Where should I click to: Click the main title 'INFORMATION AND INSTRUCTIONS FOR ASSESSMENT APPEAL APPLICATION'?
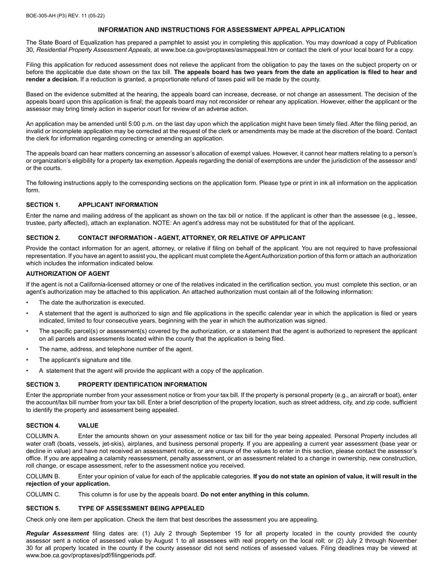[221, 30]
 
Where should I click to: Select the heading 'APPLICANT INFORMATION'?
[118, 205]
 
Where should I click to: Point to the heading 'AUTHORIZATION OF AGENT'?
[68, 274]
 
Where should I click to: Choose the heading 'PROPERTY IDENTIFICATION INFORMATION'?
[142, 385]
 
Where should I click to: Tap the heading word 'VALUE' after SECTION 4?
[88, 426]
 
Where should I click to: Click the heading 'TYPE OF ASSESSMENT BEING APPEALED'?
[141, 508]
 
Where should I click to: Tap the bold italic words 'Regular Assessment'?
[57, 533]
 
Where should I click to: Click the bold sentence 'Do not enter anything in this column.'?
[255, 495]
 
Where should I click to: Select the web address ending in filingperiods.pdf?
[91, 555]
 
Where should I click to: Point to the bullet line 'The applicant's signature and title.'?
[85, 360]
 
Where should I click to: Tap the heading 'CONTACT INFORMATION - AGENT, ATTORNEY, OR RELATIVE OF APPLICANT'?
[192, 238]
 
